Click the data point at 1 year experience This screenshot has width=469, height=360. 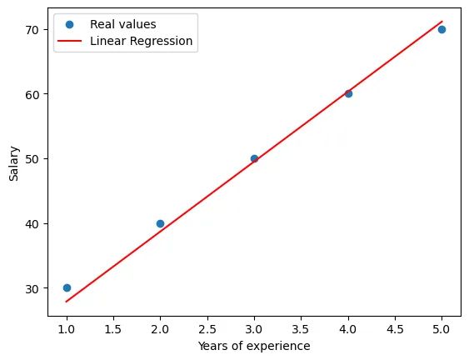pyautogui.click(x=67, y=287)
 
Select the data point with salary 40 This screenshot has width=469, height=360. pyautogui.click(x=160, y=223)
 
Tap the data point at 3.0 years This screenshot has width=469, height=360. pyautogui.click(x=254, y=158)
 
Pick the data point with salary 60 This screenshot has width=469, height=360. pyautogui.click(x=348, y=93)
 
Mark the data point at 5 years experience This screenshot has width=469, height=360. pyautogui.click(x=442, y=29)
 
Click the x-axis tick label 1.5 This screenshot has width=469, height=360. pyautogui.click(x=113, y=327)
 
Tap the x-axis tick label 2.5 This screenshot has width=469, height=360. pyautogui.click(x=207, y=327)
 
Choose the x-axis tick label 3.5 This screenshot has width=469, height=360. pyautogui.click(x=301, y=327)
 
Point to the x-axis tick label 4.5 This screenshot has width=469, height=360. pyautogui.click(x=395, y=327)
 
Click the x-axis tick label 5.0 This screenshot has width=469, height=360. pyautogui.click(x=442, y=327)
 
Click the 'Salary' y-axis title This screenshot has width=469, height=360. pyautogui.click(x=14, y=158)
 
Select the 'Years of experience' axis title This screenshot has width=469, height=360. pyautogui.click(x=254, y=345)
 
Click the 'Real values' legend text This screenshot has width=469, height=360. pyautogui.click(x=122, y=24)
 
